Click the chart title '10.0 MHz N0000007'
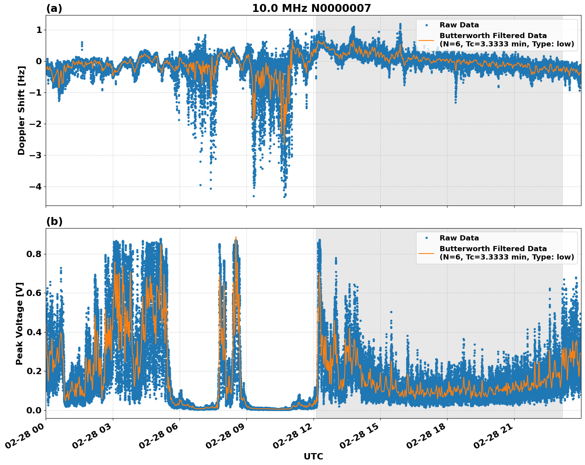tap(311, 8)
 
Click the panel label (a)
tap(54, 8)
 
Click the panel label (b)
tap(54, 221)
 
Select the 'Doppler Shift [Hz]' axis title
tap(21, 110)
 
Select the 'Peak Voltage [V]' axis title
tap(19, 323)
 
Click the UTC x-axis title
tap(313, 456)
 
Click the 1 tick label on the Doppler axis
tap(39, 30)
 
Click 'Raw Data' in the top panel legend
tap(459, 25)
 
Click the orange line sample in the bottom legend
tap(426, 253)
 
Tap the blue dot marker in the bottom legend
tap(426, 238)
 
